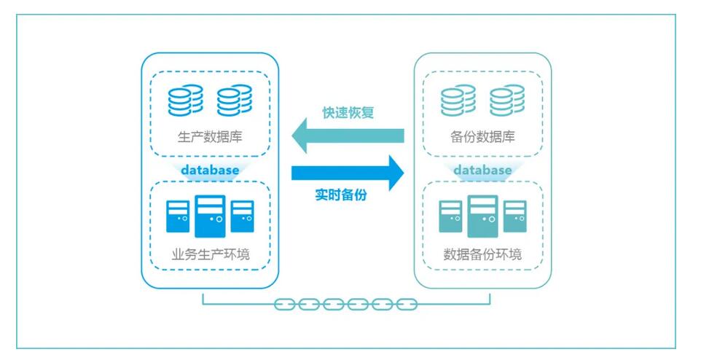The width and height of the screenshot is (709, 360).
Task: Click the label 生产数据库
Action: (x=210, y=136)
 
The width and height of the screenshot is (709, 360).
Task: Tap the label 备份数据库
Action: (x=482, y=136)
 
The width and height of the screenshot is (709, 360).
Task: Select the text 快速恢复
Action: (x=348, y=114)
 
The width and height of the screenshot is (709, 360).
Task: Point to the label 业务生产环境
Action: (x=210, y=255)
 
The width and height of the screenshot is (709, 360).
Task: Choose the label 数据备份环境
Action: (x=482, y=255)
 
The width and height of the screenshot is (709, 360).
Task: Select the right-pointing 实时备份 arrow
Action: (x=347, y=173)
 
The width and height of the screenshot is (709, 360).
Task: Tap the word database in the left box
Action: (x=210, y=170)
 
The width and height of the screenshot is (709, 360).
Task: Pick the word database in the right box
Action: (x=482, y=170)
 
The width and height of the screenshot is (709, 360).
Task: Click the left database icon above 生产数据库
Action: (x=185, y=101)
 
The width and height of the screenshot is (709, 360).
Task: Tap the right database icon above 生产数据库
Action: (x=234, y=101)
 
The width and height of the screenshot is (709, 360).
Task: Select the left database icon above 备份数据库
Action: (x=458, y=101)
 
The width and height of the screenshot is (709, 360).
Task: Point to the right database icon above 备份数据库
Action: (x=507, y=101)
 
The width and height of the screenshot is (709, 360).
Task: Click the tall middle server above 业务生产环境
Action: (x=210, y=216)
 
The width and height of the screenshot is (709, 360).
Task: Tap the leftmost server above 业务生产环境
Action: (x=178, y=216)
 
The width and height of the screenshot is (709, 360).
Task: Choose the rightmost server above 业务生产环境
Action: (x=242, y=216)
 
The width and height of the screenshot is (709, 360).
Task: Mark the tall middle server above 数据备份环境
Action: (x=482, y=216)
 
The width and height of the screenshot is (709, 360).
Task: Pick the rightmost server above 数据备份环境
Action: (x=514, y=216)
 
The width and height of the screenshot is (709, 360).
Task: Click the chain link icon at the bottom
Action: (x=345, y=305)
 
